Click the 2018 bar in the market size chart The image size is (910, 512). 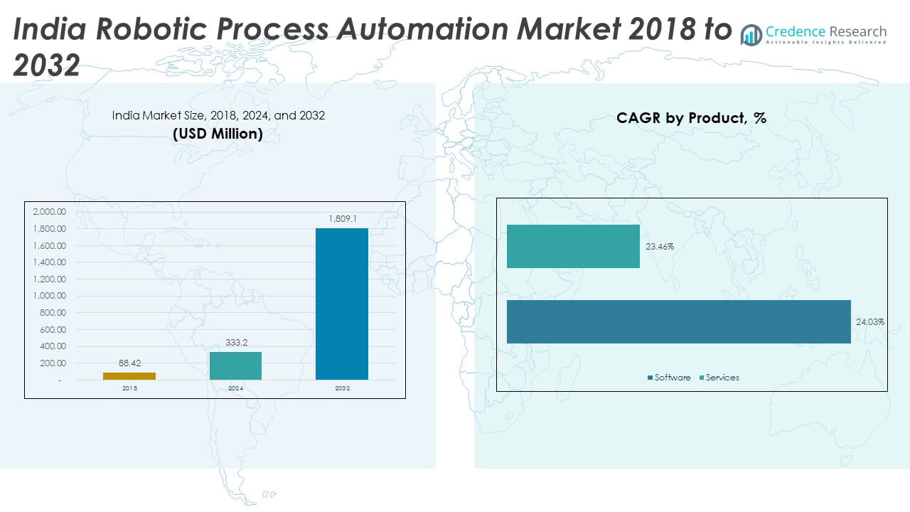point(129,375)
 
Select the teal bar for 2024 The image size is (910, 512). point(235,366)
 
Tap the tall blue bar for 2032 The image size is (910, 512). point(342,304)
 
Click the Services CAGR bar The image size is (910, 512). point(573,246)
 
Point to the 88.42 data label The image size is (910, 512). point(129,363)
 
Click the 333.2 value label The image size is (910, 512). point(235,343)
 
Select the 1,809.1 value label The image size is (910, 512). point(342,219)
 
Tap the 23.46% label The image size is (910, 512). point(660,247)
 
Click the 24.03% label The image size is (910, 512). point(869,322)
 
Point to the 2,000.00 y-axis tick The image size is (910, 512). point(49,212)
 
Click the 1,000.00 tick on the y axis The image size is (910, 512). point(49,296)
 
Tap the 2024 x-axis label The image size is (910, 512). point(235,389)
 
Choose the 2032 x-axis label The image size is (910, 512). point(342,389)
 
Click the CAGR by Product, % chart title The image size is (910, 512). point(691,118)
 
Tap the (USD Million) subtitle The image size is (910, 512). point(218,134)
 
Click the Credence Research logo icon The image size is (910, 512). point(751,34)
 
